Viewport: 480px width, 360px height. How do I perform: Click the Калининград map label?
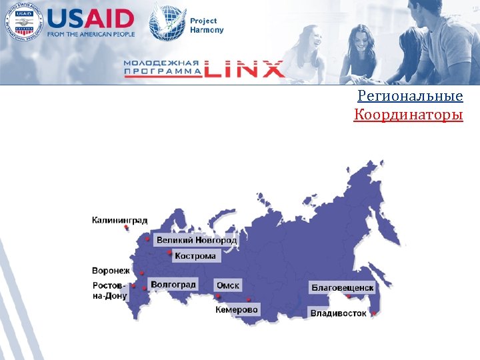[119, 220]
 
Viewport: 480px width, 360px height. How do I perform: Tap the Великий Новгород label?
[196, 240]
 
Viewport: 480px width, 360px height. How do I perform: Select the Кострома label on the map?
[195, 256]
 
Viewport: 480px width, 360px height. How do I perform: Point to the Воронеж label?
[111, 271]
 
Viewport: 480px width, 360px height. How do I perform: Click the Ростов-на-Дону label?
[109, 291]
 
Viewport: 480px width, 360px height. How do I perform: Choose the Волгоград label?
[173, 285]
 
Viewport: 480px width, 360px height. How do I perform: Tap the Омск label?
[227, 285]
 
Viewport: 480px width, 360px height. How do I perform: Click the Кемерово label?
[236, 310]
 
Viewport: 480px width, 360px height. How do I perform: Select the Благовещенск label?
[343, 288]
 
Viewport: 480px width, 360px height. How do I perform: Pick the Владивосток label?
[338, 313]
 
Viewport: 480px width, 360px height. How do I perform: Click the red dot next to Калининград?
[126, 227]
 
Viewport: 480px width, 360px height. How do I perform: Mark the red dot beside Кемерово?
[249, 299]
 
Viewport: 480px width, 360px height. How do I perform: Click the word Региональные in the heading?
[410, 97]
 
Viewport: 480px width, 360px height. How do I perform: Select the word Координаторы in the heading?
[408, 116]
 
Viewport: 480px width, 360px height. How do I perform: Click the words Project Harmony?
[207, 25]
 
